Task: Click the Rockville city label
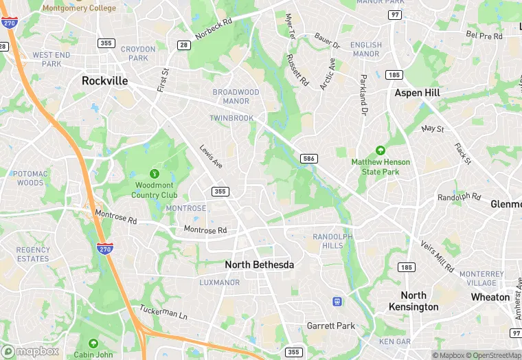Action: point(104,80)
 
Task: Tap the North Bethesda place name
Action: point(260,265)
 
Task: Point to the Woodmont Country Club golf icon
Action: point(155,174)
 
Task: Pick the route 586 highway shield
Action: point(308,159)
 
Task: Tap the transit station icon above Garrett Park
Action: point(337,301)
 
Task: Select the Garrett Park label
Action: point(331,326)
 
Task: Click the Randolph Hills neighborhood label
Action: point(332,240)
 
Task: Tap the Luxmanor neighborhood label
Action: point(219,282)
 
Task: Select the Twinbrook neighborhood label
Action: point(231,118)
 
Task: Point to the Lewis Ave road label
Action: point(212,156)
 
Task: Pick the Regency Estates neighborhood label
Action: point(33,254)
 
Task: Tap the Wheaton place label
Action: point(490,297)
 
